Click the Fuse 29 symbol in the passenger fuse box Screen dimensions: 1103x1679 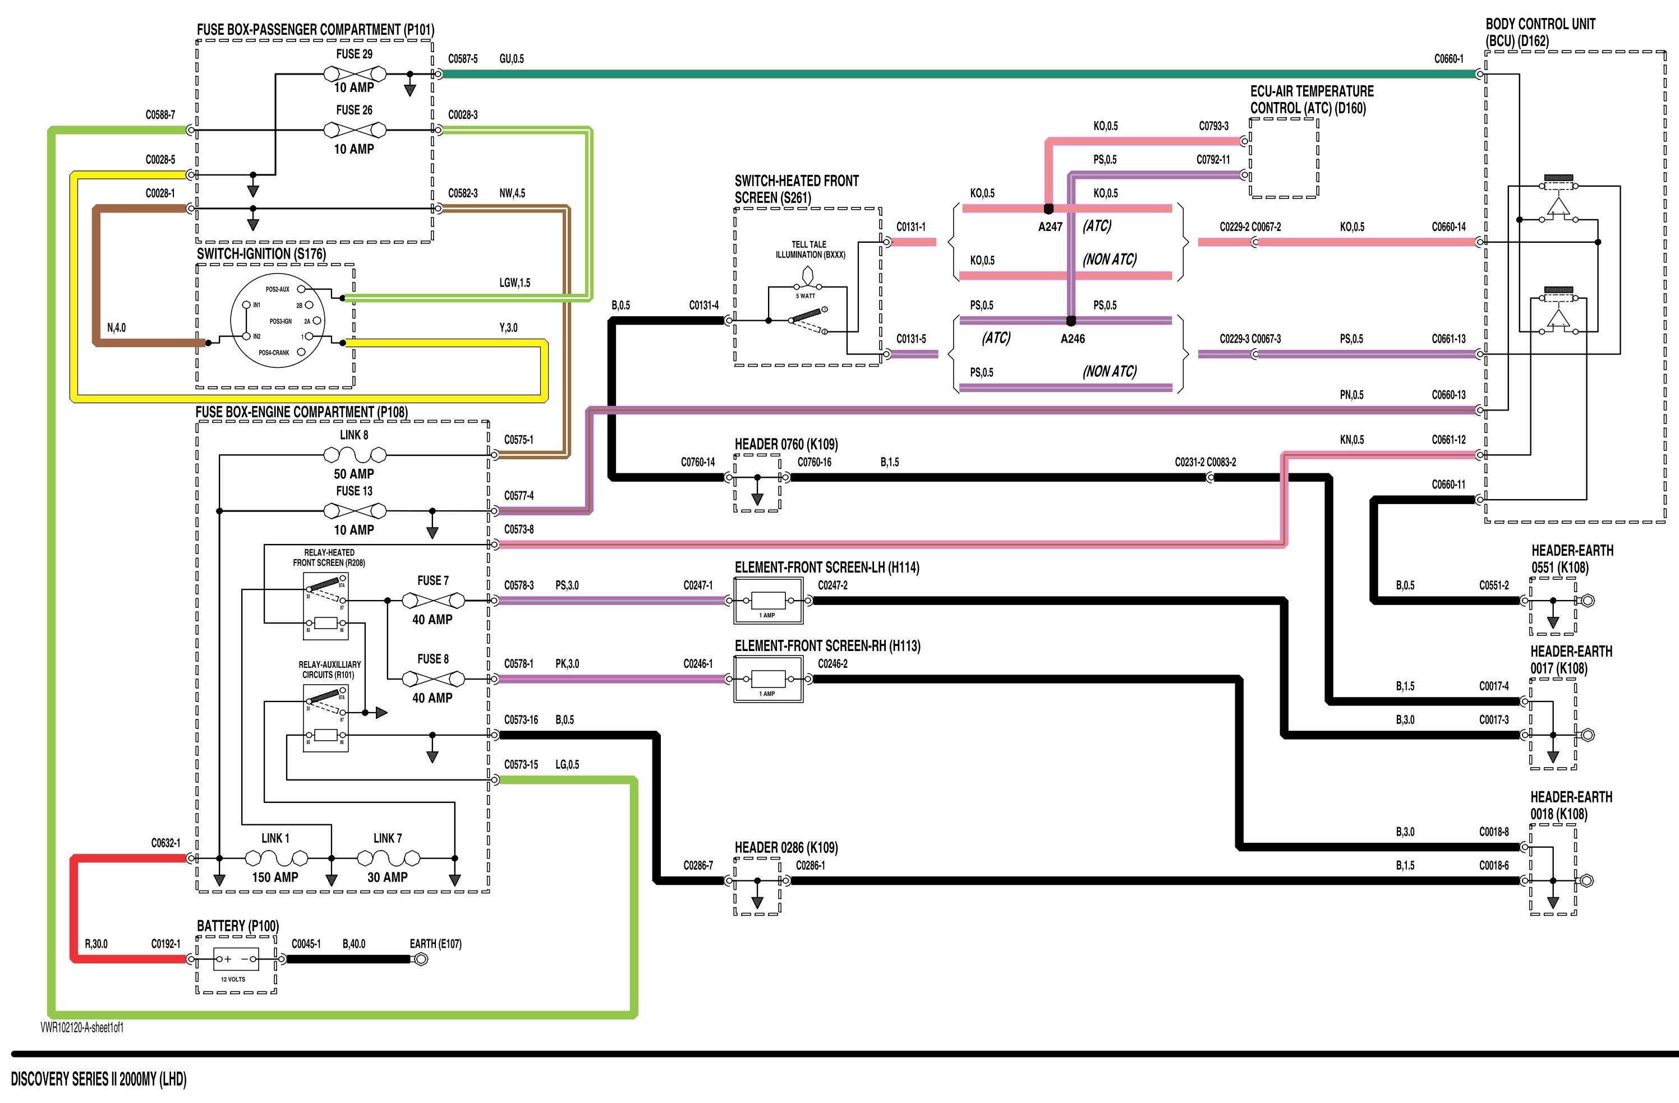pos(354,73)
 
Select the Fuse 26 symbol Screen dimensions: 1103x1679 pos(354,130)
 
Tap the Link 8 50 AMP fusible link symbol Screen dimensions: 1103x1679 pos(354,455)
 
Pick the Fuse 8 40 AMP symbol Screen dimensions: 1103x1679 pos(433,679)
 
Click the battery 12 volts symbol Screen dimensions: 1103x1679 pos(236,959)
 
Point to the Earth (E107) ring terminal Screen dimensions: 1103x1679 pos(421,959)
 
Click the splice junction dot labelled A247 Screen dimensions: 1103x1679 pos(1048,209)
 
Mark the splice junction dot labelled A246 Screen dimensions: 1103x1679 pos(1071,321)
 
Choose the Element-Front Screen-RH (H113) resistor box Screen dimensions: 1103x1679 pos(768,679)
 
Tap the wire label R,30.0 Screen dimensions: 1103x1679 pos(96,944)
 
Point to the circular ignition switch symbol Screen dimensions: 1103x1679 pos(275,321)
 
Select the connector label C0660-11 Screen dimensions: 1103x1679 pos(1448,484)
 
